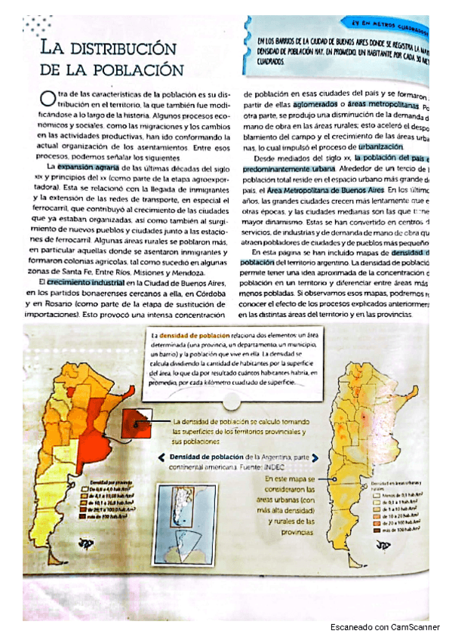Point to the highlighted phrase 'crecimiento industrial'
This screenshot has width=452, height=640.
[85, 281]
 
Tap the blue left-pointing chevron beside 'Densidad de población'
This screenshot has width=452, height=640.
[162, 458]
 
